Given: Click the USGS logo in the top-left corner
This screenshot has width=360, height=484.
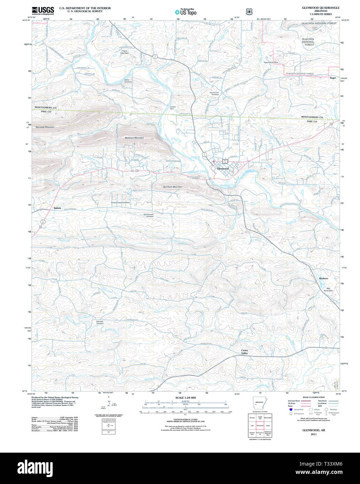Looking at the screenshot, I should click(43, 10).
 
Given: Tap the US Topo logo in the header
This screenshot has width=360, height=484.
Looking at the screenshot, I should click(185, 12).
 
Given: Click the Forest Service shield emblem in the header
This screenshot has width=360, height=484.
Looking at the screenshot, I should click(248, 12).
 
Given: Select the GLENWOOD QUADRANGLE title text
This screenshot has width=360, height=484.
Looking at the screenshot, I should click(320, 8).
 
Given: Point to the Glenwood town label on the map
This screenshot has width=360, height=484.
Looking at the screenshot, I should click(223, 169).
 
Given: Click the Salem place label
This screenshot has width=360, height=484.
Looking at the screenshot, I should click(57, 208).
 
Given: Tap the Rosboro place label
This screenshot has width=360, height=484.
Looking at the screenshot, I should click(323, 278).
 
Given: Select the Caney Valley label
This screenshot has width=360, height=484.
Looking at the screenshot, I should click(245, 352).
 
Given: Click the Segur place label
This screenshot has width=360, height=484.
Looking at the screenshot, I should click(333, 78).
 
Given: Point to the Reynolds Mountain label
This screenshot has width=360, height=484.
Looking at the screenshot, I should click(45, 127).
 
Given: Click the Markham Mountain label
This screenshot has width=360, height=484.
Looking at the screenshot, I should click(134, 138).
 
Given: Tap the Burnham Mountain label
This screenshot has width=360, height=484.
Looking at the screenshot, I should click(173, 187).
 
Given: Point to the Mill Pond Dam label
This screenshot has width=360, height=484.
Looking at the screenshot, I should click(328, 289).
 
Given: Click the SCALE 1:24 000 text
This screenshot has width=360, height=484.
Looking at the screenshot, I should click(185, 398).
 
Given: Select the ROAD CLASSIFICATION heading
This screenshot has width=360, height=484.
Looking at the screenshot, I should click(314, 397).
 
